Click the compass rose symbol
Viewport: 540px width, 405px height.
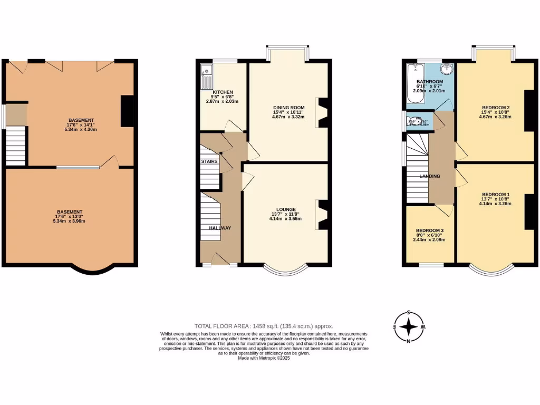point(409,327)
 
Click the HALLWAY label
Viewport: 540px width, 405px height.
point(220,228)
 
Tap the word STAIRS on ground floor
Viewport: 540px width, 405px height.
point(209,161)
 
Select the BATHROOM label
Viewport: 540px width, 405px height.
point(429,82)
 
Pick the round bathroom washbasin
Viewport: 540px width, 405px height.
point(447,69)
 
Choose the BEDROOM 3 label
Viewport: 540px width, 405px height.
point(429,230)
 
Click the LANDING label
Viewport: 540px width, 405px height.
point(430,176)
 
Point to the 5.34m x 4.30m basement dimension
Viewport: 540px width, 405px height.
point(81,129)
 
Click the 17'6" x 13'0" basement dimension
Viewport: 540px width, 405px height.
point(70,216)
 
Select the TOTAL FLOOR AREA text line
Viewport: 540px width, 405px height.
point(264,326)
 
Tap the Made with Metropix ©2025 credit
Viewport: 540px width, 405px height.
point(264,358)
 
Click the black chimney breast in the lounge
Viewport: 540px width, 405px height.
point(323,215)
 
